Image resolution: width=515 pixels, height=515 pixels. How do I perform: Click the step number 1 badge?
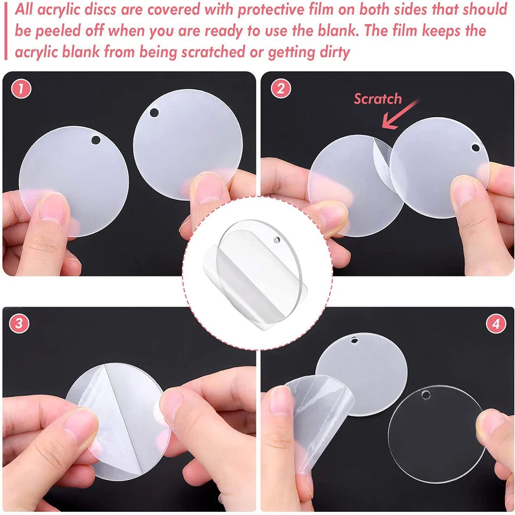[x=21, y=89]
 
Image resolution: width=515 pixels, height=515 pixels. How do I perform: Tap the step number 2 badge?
[x=280, y=89]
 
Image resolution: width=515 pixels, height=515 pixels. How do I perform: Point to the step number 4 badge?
[x=496, y=324]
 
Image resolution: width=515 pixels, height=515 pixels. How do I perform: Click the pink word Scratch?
[x=377, y=99]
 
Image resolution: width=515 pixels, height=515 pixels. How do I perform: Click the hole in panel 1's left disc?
[x=96, y=140]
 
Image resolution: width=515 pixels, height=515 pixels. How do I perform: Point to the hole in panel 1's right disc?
[x=154, y=112]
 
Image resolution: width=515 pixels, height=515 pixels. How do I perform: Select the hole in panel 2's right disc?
[x=475, y=148]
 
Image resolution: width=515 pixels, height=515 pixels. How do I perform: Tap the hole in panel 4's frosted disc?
[x=355, y=340]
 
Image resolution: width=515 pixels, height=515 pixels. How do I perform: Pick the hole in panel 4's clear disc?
[x=426, y=395]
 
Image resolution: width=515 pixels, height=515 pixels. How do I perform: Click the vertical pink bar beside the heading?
[x=6, y=31]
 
